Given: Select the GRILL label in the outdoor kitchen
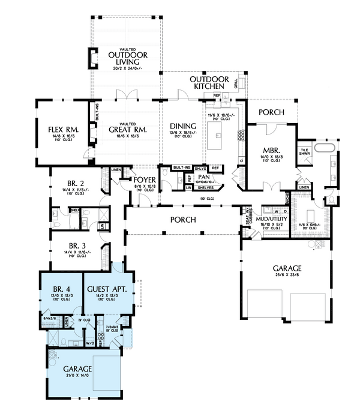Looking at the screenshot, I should (236, 83).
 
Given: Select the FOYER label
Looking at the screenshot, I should (145, 179).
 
